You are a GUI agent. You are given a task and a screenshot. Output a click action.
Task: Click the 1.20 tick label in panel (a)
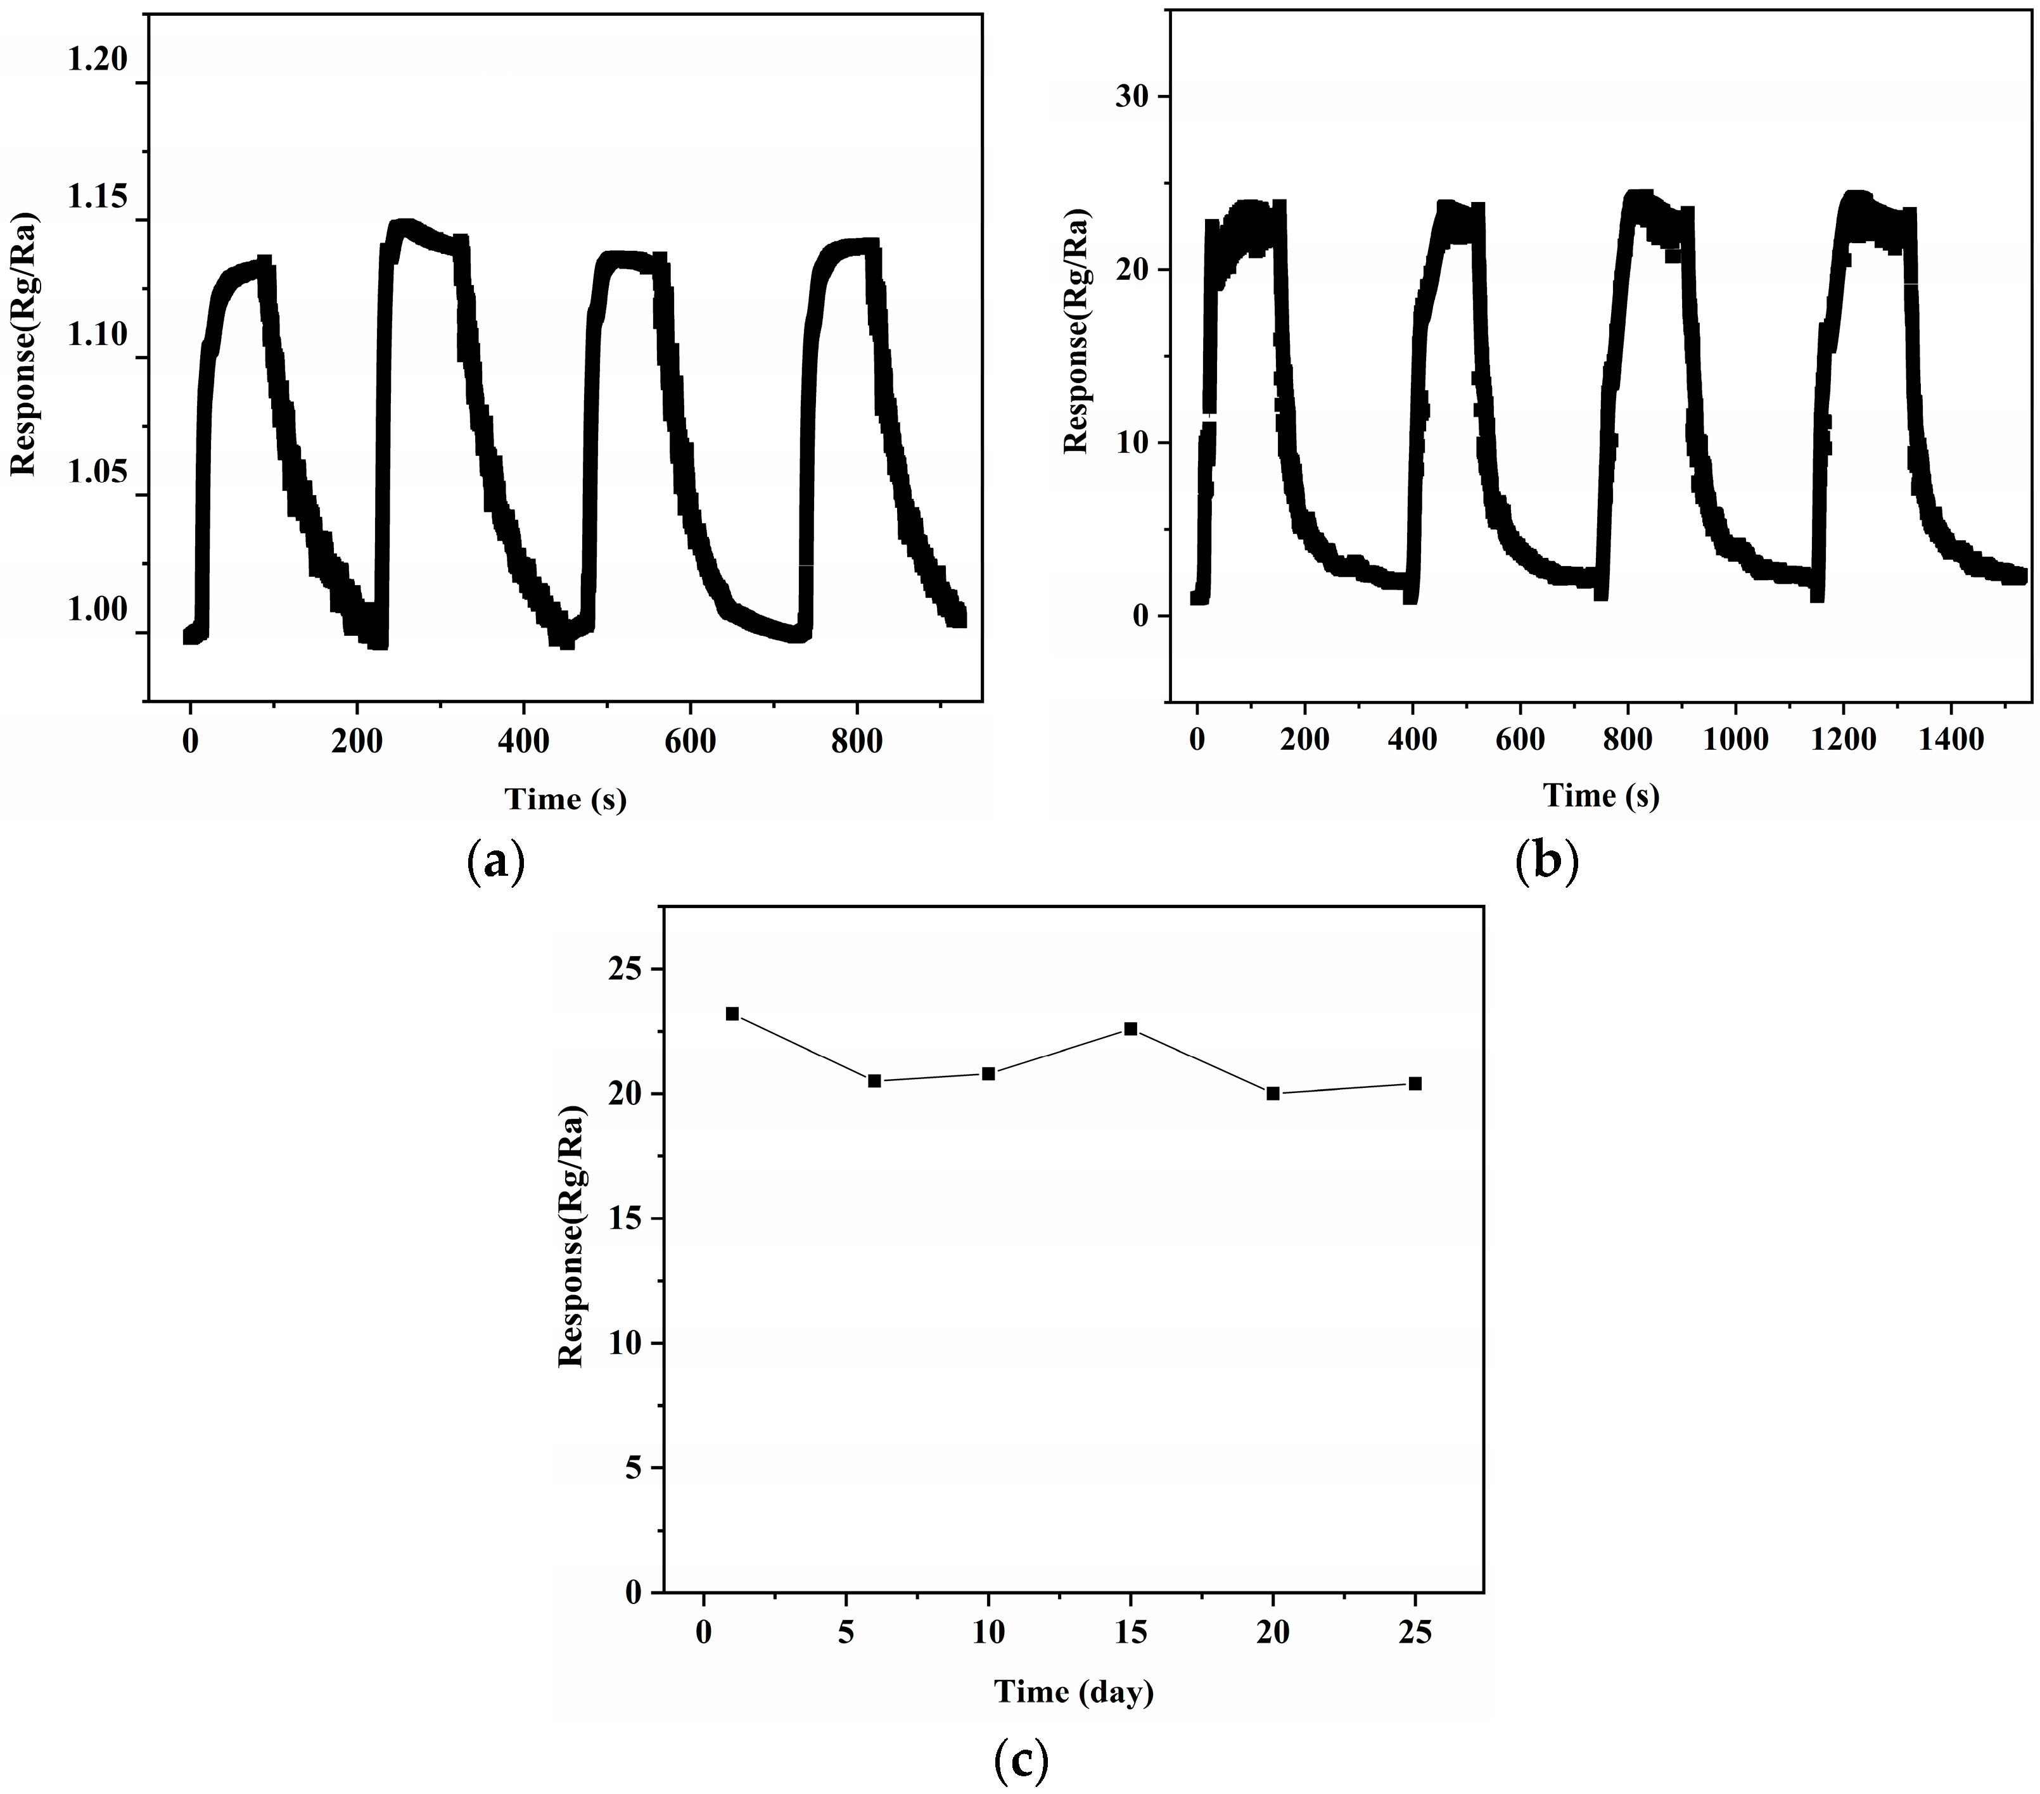pos(97,61)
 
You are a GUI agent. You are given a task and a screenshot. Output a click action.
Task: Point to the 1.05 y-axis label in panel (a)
pos(97,472)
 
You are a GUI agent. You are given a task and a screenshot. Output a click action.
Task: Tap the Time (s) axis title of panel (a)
pos(565,799)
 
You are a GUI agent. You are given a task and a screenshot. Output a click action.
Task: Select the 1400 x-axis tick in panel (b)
pos(1951,740)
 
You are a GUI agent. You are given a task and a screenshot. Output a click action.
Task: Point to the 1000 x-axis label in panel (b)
pos(1736,740)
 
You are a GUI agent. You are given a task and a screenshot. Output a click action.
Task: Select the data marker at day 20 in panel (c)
pos(1273,1094)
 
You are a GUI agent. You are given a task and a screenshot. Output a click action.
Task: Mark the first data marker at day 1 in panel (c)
pos(732,1014)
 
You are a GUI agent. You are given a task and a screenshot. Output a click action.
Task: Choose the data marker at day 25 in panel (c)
pos(1414,1083)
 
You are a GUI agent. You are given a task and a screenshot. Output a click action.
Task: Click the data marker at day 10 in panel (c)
pos(988,1073)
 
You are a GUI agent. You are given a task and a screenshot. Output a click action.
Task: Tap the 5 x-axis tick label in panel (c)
pos(845,1633)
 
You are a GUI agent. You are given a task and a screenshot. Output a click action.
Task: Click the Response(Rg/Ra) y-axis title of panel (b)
pos(1076,331)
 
